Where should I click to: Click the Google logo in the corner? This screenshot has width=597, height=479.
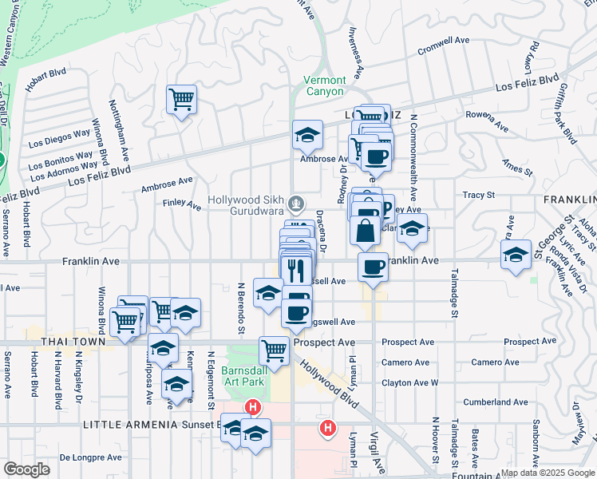click(x=27, y=469)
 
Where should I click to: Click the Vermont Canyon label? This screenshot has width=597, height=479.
click(x=325, y=85)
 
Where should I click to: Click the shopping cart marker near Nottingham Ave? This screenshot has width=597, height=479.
click(x=182, y=100)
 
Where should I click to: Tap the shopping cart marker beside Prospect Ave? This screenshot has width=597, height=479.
click(x=274, y=350)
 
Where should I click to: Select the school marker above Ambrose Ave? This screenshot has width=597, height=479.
click(x=307, y=135)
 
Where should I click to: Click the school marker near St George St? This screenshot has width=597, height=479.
click(x=516, y=254)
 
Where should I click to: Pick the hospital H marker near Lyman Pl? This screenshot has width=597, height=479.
click(x=327, y=429)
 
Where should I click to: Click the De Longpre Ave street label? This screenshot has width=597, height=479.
click(x=91, y=458)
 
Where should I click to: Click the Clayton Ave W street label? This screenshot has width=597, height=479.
click(x=410, y=383)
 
